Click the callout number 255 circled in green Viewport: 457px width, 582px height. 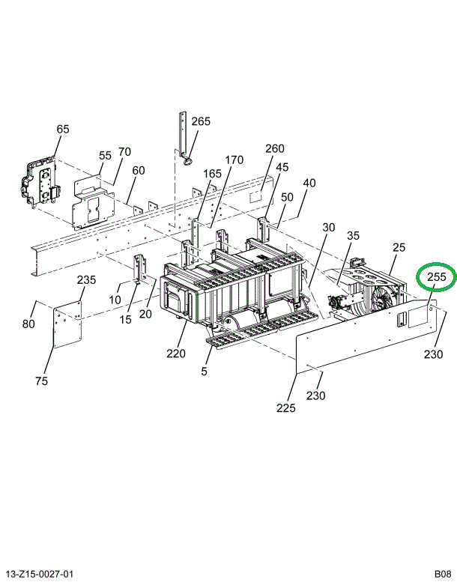(436, 276)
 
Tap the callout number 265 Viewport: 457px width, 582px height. (201, 121)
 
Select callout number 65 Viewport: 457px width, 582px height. (63, 129)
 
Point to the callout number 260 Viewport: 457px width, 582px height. (275, 148)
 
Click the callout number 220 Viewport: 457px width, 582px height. (176, 354)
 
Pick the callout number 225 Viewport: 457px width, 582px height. (286, 408)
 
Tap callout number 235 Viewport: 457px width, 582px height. (86, 279)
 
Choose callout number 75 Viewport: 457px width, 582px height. (41, 381)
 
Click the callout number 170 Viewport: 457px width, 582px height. (234, 160)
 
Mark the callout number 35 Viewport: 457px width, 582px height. (353, 235)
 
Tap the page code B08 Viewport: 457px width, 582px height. (443, 575)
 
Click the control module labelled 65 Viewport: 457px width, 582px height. (39, 183)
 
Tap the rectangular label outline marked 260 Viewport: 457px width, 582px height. (256, 197)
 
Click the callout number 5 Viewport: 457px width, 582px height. (205, 372)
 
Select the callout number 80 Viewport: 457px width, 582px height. (28, 324)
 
